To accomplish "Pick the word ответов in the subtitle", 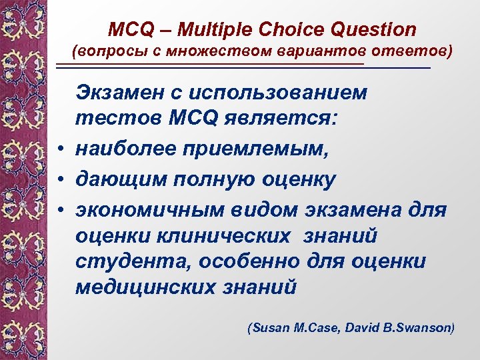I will (411, 51).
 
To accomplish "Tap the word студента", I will (129, 261).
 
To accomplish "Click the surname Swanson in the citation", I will (428, 328).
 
